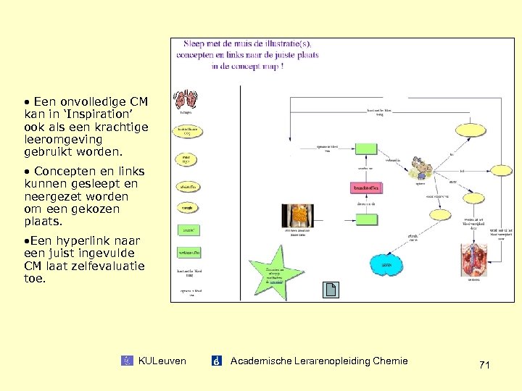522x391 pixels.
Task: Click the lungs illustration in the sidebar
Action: [187, 98]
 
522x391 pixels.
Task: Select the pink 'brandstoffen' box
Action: [367, 188]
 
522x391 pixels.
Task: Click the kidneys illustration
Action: [474, 260]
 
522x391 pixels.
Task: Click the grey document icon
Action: [331, 290]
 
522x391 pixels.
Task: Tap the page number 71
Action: [484, 366]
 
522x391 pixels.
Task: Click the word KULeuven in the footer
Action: [162, 361]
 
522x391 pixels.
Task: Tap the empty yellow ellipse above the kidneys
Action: [440, 215]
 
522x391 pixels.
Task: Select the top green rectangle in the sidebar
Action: [187, 230]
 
